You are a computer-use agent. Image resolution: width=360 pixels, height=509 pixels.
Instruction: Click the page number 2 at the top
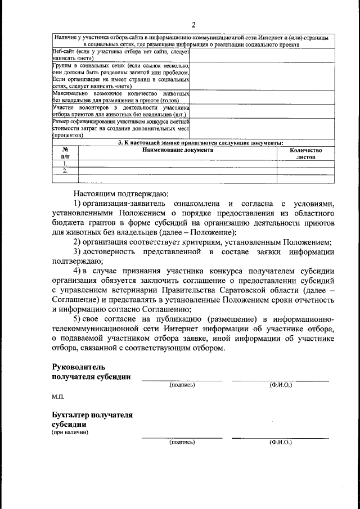click(192, 24)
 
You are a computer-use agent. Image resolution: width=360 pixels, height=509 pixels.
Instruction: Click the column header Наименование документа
click(177, 151)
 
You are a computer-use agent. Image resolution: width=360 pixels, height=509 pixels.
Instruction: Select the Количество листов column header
click(305, 154)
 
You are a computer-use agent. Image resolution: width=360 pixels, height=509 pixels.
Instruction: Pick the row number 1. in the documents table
click(65, 164)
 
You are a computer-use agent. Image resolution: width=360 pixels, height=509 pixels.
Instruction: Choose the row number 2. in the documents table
click(65, 171)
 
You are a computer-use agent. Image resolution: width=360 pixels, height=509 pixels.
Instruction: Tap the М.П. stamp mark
click(58, 397)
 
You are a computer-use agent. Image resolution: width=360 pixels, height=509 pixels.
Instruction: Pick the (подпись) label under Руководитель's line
click(182, 385)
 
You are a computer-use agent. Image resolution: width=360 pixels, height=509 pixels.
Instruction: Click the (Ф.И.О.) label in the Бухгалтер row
click(280, 442)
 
